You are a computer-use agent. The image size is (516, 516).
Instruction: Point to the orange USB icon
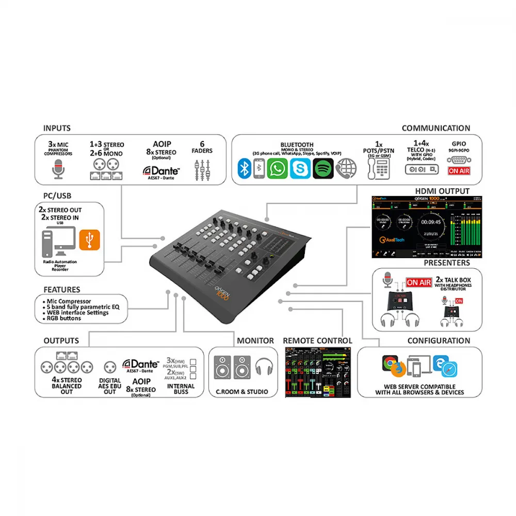[90, 239]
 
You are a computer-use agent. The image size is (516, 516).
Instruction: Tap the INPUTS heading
[57, 128]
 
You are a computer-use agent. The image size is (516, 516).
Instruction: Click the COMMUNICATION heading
[436, 128]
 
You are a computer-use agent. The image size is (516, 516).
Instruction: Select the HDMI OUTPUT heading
[442, 191]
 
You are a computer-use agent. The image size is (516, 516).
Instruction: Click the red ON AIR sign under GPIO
[459, 171]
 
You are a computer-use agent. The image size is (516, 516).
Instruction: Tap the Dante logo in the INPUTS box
[162, 171]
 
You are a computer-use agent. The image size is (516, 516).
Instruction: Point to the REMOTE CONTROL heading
[317, 341]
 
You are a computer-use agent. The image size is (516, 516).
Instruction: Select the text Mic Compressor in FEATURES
[69, 301]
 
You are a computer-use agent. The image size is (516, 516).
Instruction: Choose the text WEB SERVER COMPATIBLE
[420, 386]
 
